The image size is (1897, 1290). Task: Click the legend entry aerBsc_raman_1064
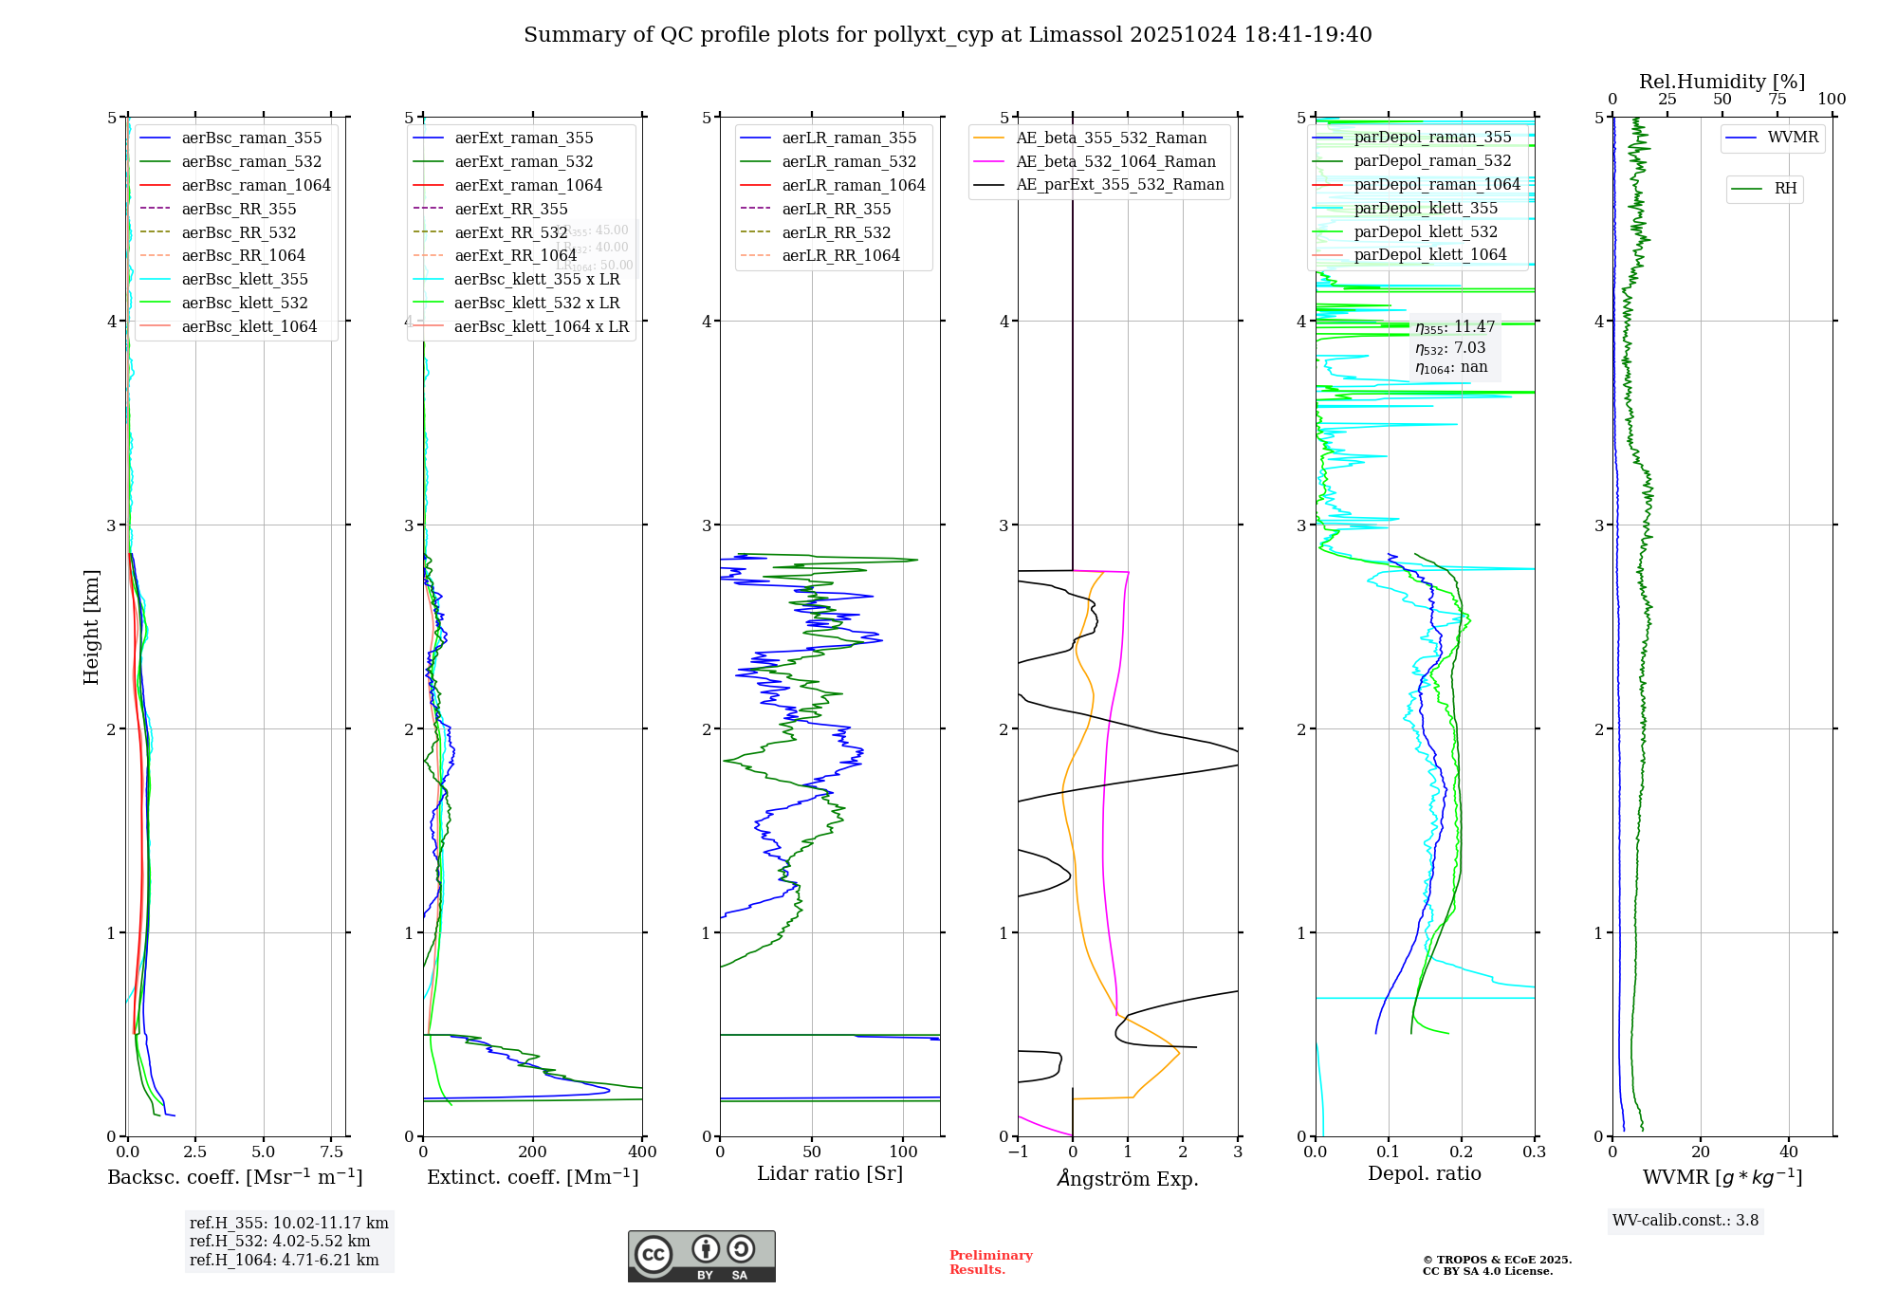pyautogui.click(x=255, y=185)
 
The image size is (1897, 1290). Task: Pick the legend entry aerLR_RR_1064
pyautogui.click(x=840, y=255)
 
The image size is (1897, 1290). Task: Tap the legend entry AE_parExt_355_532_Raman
pyautogui.click(x=1119, y=184)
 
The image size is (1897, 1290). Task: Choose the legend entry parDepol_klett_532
pyautogui.click(x=1425, y=231)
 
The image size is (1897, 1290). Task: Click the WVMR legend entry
pyautogui.click(x=1793, y=138)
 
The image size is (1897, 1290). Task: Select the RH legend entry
pyautogui.click(x=1785, y=189)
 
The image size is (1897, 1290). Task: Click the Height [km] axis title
pyautogui.click(x=91, y=627)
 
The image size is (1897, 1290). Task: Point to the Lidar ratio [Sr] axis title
pyautogui.click(x=830, y=1173)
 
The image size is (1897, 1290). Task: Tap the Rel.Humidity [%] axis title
pyautogui.click(x=1722, y=82)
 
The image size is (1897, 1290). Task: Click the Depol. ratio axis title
pyautogui.click(x=1424, y=1173)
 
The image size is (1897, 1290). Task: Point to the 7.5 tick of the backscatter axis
pyautogui.click(x=332, y=1152)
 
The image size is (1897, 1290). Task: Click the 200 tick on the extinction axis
pyautogui.click(x=533, y=1152)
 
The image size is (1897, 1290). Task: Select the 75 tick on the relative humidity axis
pyautogui.click(x=1777, y=100)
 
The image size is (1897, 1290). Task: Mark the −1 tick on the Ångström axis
pyautogui.click(x=1018, y=1152)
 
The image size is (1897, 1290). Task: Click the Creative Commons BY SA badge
pyautogui.click(x=701, y=1256)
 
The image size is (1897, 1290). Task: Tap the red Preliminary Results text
pyautogui.click(x=990, y=1262)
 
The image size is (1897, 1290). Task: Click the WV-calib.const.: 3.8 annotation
pyautogui.click(x=1685, y=1221)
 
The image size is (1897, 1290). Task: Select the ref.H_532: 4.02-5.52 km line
pyautogui.click(x=280, y=1242)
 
